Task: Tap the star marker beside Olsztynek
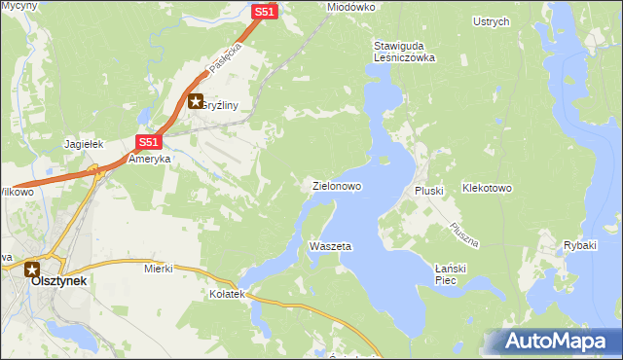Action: pyautogui.click(x=33, y=270)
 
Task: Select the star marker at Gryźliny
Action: pyautogui.click(x=196, y=101)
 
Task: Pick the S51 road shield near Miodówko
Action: pyautogui.click(x=265, y=12)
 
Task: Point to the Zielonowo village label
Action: pyautogui.click(x=337, y=185)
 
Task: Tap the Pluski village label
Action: pyautogui.click(x=429, y=192)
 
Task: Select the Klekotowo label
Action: pyautogui.click(x=487, y=188)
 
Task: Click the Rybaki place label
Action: pyautogui.click(x=579, y=245)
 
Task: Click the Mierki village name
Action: pyautogui.click(x=158, y=268)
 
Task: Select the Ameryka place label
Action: pyautogui.click(x=150, y=159)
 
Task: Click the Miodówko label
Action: pyautogui.click(x=351, y=6)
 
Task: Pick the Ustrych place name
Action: pyautogui.click(x=491, y=21)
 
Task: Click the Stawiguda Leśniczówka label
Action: pyautogui.click(x=404, y=52)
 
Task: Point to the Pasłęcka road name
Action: pyautogui.click(x=223, y=61)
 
